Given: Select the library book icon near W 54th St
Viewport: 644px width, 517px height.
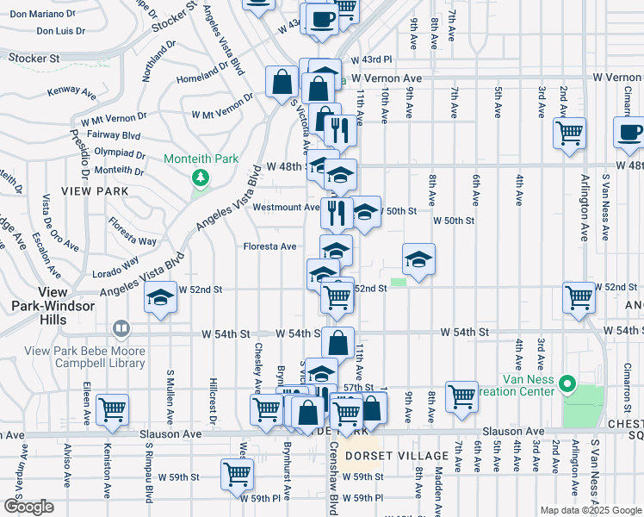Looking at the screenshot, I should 121,329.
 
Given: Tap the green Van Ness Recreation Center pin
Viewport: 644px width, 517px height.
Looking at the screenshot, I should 567,383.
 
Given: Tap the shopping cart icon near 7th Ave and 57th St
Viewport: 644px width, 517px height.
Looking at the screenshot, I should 462,396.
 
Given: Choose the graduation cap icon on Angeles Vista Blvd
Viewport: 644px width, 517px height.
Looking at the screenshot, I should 159,298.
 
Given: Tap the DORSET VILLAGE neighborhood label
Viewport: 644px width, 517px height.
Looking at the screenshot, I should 395,456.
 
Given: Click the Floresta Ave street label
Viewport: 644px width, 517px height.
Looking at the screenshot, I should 269,246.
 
